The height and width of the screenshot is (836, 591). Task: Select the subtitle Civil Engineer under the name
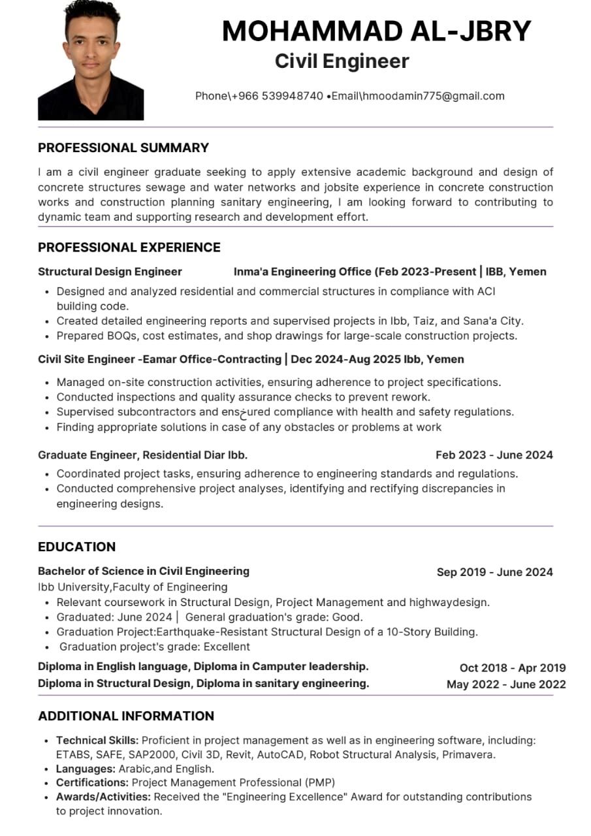(x=342, y=61)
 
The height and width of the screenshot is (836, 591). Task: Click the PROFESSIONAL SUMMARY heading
(x=123, y=148)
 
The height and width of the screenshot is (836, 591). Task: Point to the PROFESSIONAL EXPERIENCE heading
(x=129, y=247)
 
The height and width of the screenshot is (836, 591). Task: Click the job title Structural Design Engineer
(x=110, y=272)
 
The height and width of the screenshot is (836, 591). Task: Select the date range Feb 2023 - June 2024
(x=494, y=455)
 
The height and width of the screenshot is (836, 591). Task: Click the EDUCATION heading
(x=76, y=547)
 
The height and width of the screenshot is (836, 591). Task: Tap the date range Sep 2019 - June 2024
(x=494, y=572)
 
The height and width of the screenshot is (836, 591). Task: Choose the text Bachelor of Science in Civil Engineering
(x=144, y=571)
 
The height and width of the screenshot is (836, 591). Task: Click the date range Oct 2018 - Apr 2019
(x=512, y=667)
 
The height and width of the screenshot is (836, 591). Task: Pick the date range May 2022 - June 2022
(x=506, y=684)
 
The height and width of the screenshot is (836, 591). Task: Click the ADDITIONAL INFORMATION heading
(x=126, y=716)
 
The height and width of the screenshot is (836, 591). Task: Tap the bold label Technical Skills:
(x=97, y=740)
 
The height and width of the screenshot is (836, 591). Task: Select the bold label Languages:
(x=86, y=769)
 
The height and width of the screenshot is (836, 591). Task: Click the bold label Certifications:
(x=92, y=782)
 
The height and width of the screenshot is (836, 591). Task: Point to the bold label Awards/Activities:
(x=103, y=797)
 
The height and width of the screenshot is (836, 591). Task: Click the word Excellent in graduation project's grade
(x=227, y=647)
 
